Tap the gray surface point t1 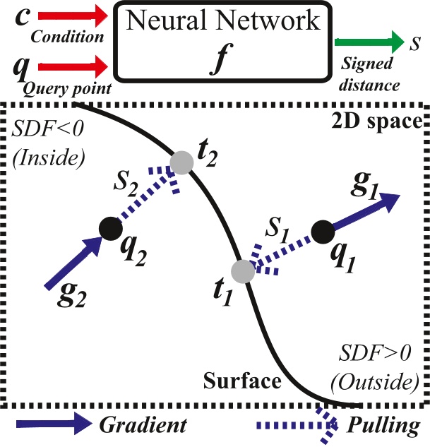(x=243, y=271)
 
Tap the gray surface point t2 (x=183, y=162)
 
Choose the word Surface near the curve (x=242, y=382)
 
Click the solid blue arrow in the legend (x=50, y=425)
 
